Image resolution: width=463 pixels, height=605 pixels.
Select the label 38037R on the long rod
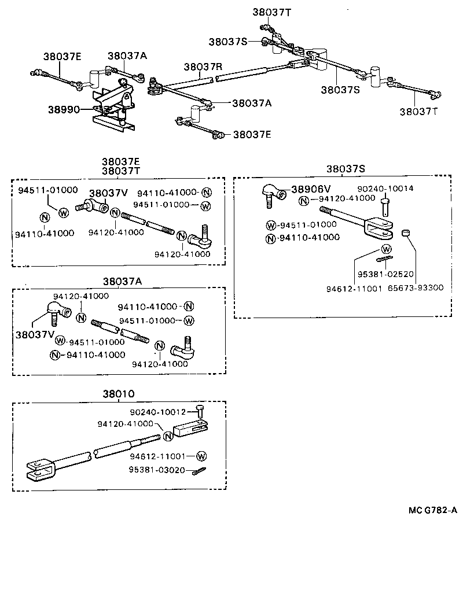[x=203, y=67]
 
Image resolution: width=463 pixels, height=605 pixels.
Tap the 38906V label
[x=311, y=189]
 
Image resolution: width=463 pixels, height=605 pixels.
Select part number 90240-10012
[x=157, y=412]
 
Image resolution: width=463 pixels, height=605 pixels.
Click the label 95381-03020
[x=157, y=470]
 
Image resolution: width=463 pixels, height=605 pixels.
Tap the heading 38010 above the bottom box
[x=119, y=394]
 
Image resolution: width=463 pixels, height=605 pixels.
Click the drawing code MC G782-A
[x=432, y=511]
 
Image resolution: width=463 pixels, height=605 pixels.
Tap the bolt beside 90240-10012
[x=200, y=412]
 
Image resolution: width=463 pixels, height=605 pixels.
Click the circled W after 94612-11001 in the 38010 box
[x=201, y=455]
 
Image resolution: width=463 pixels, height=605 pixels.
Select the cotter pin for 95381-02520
[x=387, y=259]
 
